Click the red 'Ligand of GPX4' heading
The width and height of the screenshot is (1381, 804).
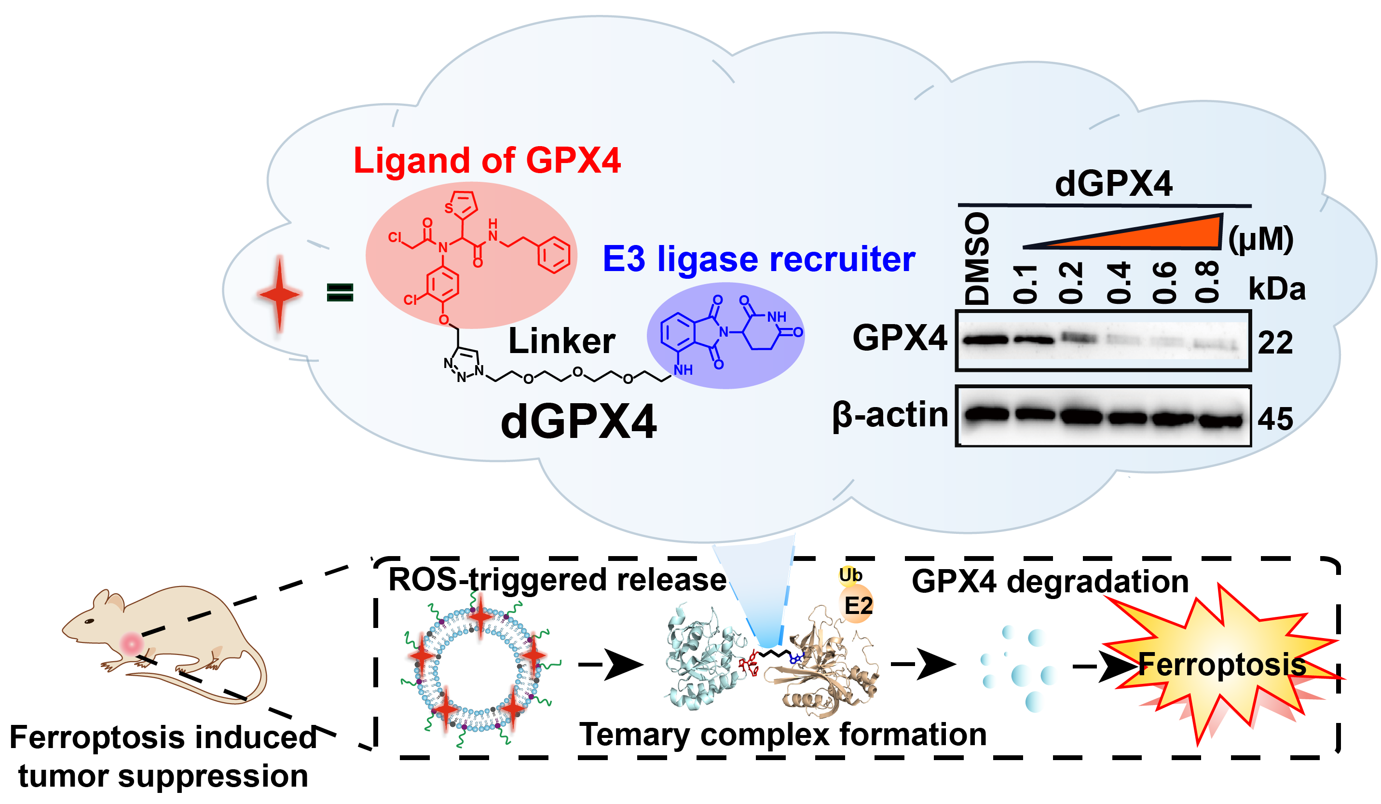pos(487,161)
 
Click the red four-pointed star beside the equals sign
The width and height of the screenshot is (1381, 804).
pos(279,294)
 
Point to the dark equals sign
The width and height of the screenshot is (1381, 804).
pos(340,292)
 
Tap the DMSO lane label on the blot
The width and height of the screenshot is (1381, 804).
pos(977,259)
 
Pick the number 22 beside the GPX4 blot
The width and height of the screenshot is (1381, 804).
pos(1275,343)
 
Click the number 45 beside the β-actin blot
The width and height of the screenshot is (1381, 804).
pos(1275,419)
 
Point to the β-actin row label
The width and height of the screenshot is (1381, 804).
pos(890,415)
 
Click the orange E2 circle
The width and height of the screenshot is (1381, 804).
pos(857,606)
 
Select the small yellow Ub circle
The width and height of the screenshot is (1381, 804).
pos(850,575)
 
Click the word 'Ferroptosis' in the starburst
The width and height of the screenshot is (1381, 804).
pos(1222,665)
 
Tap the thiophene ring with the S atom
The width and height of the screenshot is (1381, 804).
pos(462,204)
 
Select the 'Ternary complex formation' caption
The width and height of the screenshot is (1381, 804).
pos(782,735)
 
